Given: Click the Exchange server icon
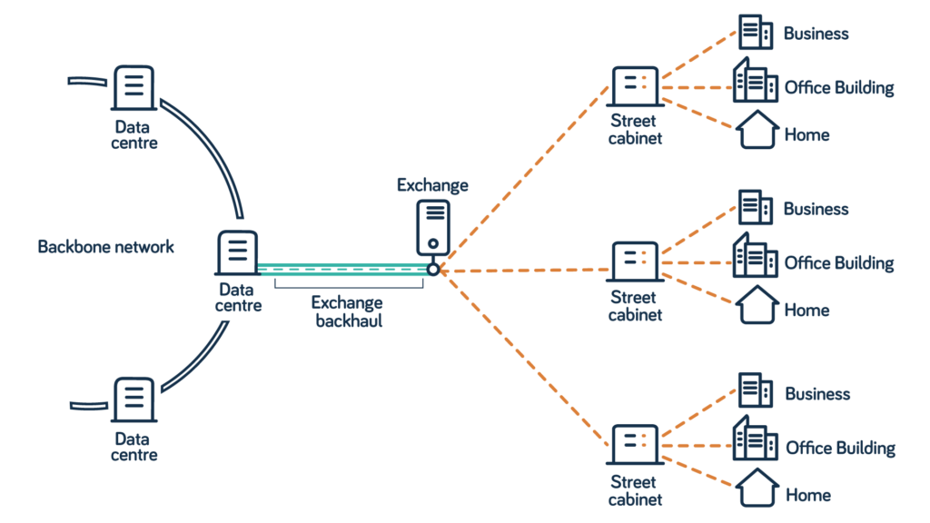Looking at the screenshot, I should point(433,228).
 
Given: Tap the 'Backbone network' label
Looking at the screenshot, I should point(105,247).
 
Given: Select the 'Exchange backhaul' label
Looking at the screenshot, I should point(347,311).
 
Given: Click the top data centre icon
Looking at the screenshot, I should point(134,88).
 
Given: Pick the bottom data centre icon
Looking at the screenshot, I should point(134,400).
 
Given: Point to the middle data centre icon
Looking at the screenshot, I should point(238,253).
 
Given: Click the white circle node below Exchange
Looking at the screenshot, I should point(433,270).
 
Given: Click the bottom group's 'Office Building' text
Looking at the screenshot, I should point(840,449).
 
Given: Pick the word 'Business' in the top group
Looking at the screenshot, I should point(816,34).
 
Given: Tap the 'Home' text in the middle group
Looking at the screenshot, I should point(806,311).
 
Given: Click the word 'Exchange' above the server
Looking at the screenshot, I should point(432,185).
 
